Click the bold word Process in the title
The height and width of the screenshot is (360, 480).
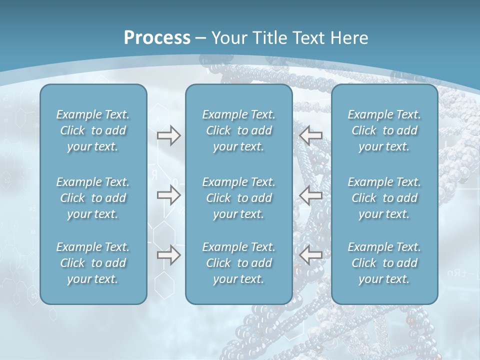[x=157, y=38]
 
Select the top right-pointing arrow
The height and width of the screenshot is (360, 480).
[x=168, y=135]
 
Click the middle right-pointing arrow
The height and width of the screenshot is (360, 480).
[x=168, y=195]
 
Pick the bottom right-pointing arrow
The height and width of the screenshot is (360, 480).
[x=168, y=255]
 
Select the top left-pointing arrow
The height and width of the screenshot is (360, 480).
[x=311, y=135]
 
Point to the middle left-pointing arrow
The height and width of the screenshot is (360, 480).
[x=311, y=195]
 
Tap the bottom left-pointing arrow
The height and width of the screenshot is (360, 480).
[x=311, y=255]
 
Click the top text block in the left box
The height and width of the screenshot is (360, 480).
[x=93, y=130]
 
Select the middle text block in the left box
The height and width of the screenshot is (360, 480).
[x=93, y=198]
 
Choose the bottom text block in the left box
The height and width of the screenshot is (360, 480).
[x=93, y=263]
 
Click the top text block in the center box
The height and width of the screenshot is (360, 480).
[x=238, y=130]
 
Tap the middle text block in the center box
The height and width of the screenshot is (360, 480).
[x=238, y=198]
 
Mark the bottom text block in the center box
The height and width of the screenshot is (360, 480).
[x=238, y=263]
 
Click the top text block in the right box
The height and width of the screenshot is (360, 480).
[x=384, y=130]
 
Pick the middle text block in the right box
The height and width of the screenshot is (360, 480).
[x=384, y=198]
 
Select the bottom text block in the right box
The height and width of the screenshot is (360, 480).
[x=384, y=263]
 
